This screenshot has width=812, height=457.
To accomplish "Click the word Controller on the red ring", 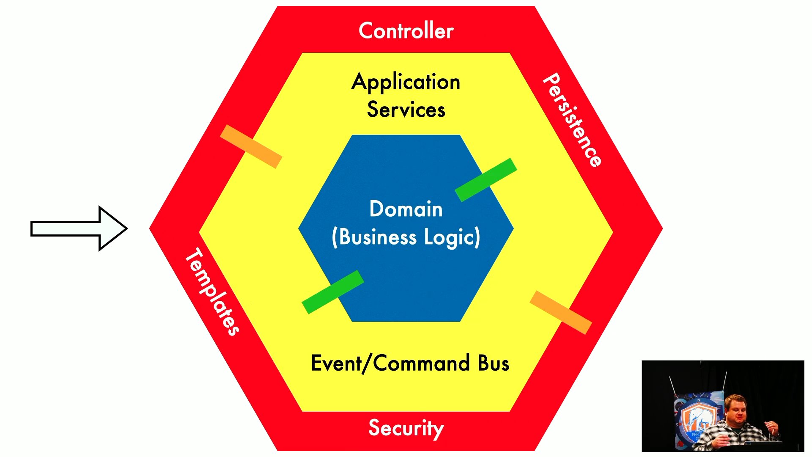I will [x=406, y=31].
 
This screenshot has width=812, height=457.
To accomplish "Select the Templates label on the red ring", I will [x=212, y=292].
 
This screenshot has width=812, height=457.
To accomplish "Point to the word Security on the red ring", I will [x=406, y=428].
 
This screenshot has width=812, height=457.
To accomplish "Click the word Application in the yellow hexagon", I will [x=406, y=82].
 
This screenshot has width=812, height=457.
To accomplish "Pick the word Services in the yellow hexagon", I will [x=406, y=110].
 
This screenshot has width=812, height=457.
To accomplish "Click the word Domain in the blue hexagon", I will [x=406, y=209].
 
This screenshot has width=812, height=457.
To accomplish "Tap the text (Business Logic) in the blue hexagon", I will [x=406, y=237].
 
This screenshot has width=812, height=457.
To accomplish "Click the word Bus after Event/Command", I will [x=494, y=363].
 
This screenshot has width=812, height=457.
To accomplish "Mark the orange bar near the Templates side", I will [x=251, y=146].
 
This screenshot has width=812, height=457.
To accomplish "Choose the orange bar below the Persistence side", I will [x=560, y=312].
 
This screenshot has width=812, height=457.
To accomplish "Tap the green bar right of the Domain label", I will [x=486, y=180].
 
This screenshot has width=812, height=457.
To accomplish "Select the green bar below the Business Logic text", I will [x=333, y=292].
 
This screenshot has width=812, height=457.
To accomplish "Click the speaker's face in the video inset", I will [x=735, y=409].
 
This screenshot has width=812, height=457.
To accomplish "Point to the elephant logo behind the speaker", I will [x=697, y=419].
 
